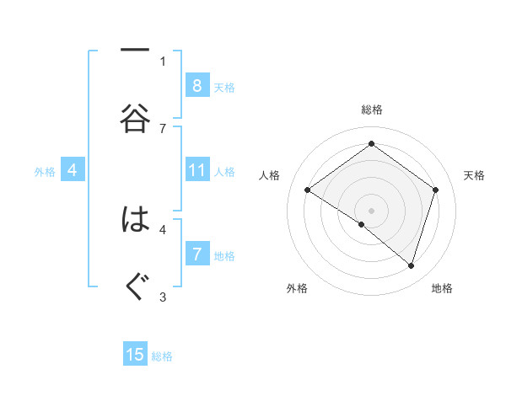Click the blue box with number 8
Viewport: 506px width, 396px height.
pyautogui.click(x=196, y=86)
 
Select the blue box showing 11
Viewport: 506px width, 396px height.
pyautogui.click(x=196, y=171)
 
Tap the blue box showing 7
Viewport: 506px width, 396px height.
pyautogui.click(x=196, y=254)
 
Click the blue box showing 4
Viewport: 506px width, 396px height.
pyautogui.click(x=73, y=171)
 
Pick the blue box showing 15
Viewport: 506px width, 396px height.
pyautogui.click(x=135, y=355)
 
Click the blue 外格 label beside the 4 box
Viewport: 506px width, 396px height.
pyautogui.click(x=45, y=172)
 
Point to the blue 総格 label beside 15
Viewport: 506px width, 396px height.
pyautogui.click(x=162, y=356)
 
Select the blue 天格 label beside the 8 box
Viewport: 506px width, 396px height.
pyautogui.click(x=224, y=87)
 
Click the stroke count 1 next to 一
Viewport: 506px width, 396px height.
pyautogui.click(x=163, y=61)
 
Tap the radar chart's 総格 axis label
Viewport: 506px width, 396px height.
pyautogui.click(x=371, y=110)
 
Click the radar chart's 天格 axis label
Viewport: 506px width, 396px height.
pyautogui.click(x=475, y=175)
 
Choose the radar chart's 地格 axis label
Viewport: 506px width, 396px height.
pyautogui.click(x=442, y=288)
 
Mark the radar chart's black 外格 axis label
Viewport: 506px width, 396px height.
pyautogui.click(x=297, y=288)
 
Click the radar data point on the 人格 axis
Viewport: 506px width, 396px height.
pyautogui.click(x=307, y=190)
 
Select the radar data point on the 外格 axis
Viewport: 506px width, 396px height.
pyautogui.click(x=362, y=224)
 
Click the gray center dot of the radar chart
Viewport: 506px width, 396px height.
pyautogui.click(x=371, y=209)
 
